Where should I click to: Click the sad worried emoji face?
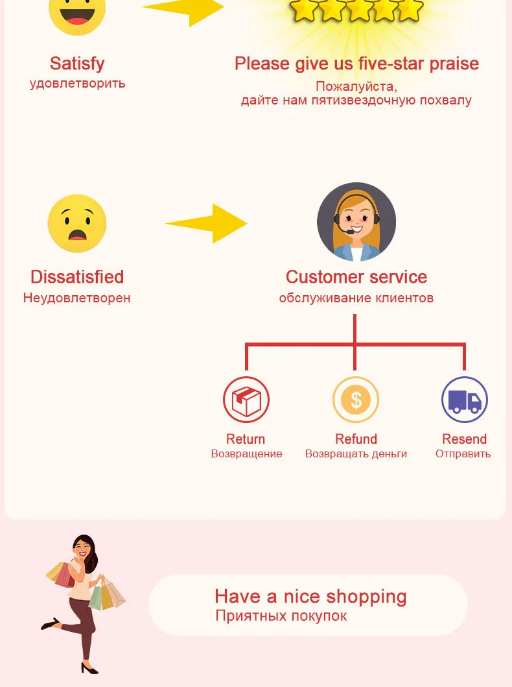76,224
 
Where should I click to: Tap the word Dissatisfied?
76,277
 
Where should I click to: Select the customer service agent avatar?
356,222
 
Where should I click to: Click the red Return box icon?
246,400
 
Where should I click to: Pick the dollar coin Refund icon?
356,400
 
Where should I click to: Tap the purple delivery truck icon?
465,400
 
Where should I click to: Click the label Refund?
356,439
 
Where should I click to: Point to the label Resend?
464,439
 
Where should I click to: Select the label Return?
246,439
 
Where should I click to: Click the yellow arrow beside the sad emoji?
207,224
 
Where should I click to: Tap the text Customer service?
356,277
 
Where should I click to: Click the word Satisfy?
76,64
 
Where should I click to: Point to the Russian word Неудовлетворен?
76,298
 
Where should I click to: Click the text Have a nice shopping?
310,596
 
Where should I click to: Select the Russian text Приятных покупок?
281,616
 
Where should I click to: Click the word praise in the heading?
452,64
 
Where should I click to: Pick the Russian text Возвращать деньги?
356,454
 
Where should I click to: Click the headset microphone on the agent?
350,232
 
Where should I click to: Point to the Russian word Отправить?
463,454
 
